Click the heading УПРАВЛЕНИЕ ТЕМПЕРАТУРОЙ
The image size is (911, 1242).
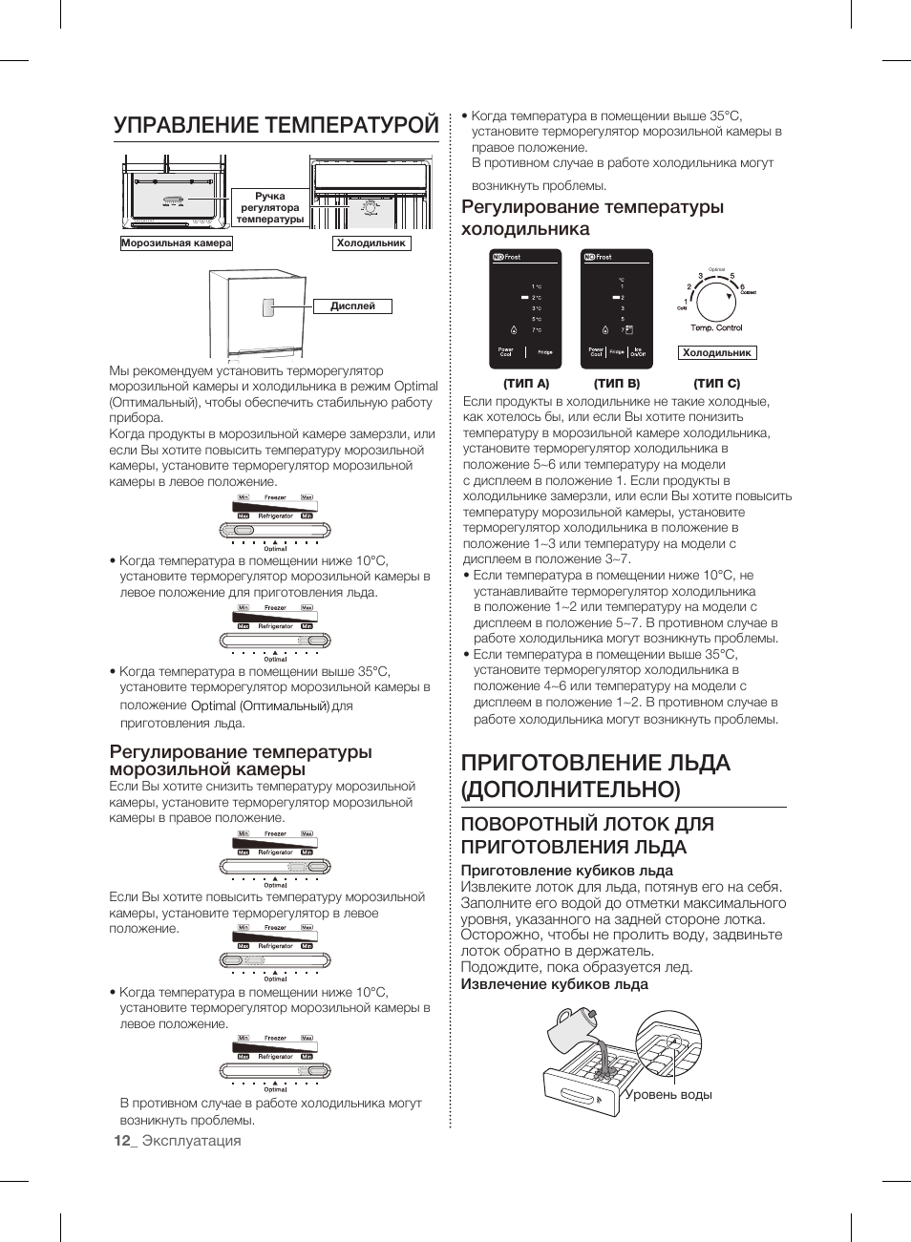click(x=276, y=126)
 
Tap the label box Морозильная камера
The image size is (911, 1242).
click(x=177, y=243)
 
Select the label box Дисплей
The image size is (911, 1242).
click(x=352, y=306)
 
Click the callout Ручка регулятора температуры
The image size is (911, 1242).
click(x=270, y=208)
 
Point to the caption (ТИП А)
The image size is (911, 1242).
click(x=526, y=384)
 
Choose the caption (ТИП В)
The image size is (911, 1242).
click(x=617, y=384)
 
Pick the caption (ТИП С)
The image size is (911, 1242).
click(x=717, y=384)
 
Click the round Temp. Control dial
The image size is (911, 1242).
click(x=716, y=301)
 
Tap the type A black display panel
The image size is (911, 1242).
click(x=525, y=308)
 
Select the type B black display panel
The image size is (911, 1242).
click(x=617, y=308)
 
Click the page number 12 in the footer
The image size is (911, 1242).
click(x=121, y=1141)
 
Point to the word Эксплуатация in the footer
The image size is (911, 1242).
click(x=192, y=1141)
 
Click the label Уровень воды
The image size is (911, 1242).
click(x=668, y=1095)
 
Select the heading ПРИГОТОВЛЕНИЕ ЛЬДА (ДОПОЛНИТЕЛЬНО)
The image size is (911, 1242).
click(x=595, y=775)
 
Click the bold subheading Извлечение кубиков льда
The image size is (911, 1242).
click(x=554, y=984)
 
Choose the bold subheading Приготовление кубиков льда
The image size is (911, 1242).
click(x=566, y=871)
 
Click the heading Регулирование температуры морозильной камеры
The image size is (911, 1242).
click(x=241, y=760)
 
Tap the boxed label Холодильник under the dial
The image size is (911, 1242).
click(x=717, y=353)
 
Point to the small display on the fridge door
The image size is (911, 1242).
click(x=269, y=307)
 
